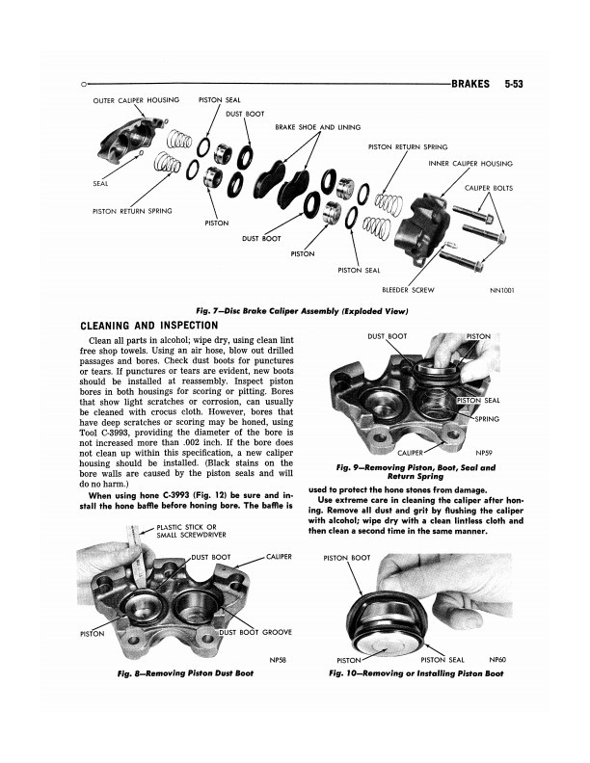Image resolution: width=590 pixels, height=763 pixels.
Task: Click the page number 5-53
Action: pos(519,84)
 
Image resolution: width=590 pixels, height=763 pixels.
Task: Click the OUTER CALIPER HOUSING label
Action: pos(136,100)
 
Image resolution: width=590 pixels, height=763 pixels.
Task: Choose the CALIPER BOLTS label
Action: pos(489,187)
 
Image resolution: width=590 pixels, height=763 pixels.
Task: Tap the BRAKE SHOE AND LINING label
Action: pos(317,126)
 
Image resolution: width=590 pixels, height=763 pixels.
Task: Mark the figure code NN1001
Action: pos(505,289)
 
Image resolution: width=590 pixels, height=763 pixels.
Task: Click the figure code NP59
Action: pos(485,451)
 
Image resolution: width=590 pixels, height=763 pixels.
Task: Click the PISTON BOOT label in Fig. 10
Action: pos(347,558)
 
